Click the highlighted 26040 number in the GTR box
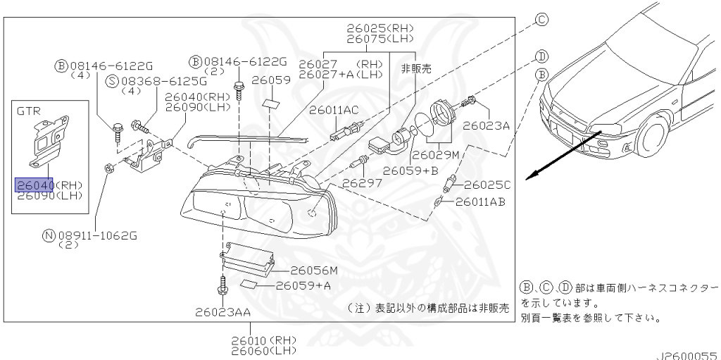[35, 185]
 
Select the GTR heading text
[28, 111]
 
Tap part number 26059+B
[410, 170]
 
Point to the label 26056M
[314, 271]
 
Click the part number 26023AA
[222, 313]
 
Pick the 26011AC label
[334, 111]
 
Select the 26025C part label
[487, 185]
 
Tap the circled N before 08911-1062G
[49, 236]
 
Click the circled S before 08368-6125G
[112, 82]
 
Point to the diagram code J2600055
[687, 356]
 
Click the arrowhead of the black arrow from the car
[532, 176]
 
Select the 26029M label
[435, 155]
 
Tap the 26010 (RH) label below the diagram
[263, 341]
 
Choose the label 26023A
[486, 125]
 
